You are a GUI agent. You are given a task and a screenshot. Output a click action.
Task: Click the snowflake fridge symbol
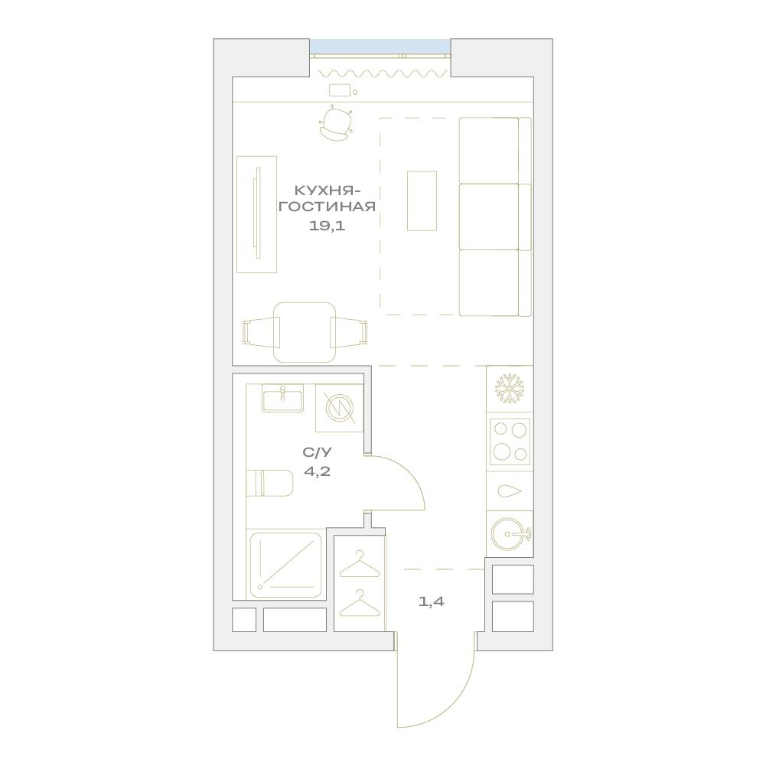[509, 389]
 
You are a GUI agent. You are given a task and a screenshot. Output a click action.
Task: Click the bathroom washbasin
[282, 398]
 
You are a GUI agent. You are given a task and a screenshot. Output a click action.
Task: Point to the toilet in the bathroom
[269, 483]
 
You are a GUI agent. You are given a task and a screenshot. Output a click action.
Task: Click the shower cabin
[286, 566]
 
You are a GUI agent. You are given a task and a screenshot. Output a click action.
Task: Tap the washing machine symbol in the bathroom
[340, 408]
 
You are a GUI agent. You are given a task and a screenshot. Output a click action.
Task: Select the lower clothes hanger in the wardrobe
[360, 603]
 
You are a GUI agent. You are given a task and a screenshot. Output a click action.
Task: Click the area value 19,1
[327, 226]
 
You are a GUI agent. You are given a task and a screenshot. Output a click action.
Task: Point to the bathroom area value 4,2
[317, 471]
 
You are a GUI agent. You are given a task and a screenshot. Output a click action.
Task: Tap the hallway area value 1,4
[432, 601]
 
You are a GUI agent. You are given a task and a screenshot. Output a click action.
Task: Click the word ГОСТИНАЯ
[328, 207]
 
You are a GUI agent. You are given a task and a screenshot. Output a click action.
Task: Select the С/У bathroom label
[317, 452]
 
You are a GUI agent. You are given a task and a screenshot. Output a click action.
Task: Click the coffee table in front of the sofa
[422, 200]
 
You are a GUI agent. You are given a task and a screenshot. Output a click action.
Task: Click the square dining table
[305, 333]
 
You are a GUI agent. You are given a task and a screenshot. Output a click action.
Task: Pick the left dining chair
[261, 333]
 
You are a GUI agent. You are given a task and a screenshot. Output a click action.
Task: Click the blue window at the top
[380, 47]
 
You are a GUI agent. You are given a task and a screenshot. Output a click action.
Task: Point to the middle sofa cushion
[489, 217]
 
